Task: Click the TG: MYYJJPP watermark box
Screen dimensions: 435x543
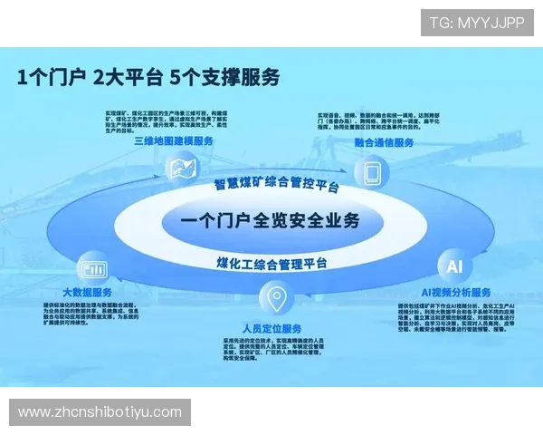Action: pos(476,22)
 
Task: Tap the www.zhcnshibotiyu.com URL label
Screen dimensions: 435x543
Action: pos(100,412)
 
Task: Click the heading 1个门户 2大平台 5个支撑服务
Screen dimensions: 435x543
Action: pos(148,77)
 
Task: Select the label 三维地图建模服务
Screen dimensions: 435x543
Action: pos(174,141)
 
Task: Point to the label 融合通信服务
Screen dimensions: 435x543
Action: pos(384,143)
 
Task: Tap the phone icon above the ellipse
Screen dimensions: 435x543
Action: pos(371,170)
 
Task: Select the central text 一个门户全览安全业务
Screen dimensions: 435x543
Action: pos(270,220)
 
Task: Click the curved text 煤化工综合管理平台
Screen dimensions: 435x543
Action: pos(271,264)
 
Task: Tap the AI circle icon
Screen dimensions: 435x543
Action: pos(453,266)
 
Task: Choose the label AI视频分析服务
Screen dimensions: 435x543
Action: pos(456,293)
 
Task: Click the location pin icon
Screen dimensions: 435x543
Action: pos(274,298)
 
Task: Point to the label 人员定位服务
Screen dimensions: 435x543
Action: pos(272,327)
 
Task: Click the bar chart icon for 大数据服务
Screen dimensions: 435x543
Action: pos(91,268)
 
